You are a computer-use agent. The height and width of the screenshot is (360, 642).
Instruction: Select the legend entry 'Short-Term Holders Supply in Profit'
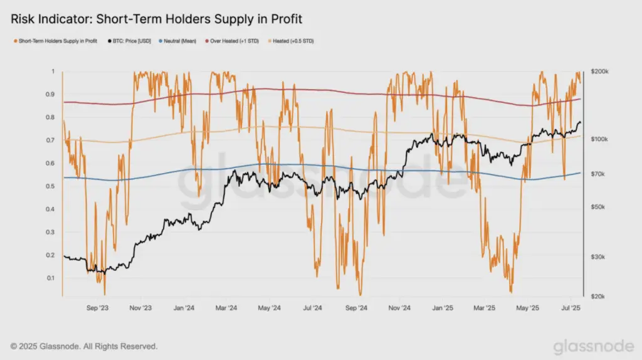[x=56, y=41]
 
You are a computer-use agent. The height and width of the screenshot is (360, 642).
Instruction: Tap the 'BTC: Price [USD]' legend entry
[x=129, y=41]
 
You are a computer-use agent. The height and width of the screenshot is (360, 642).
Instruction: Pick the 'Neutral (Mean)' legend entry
[x=177, y=41]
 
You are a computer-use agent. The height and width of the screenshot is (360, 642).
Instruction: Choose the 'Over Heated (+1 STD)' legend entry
[x=232, y=41]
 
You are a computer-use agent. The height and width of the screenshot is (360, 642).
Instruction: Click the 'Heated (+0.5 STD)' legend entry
[x=291, y=41]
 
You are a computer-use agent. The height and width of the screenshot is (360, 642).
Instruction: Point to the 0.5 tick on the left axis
[x=50, y=186]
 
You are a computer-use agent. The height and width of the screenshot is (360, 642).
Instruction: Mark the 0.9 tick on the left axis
[x=50, y=95]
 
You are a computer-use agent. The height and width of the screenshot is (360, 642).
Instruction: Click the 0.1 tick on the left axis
[x=50, y=278]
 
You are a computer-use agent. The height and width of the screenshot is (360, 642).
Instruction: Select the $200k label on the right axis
[x=599, y=71]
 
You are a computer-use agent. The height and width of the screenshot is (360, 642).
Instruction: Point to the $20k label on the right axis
[x=597, y=297]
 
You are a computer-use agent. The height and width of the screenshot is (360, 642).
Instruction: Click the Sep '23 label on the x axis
[x=97, y=308]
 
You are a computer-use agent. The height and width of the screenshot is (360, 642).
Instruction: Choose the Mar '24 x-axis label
[x=226, y=308]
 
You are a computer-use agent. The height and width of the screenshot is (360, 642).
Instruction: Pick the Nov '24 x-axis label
[x=399, y=308]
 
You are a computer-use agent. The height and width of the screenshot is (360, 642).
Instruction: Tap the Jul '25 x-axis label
[x=571, y=308]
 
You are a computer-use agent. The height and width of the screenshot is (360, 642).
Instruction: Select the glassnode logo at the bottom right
[x=594, y=346]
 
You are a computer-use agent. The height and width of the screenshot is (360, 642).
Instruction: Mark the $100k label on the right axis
[x=599, y=139]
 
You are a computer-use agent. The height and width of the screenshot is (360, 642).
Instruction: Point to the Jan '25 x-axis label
[x=443, y=308]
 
